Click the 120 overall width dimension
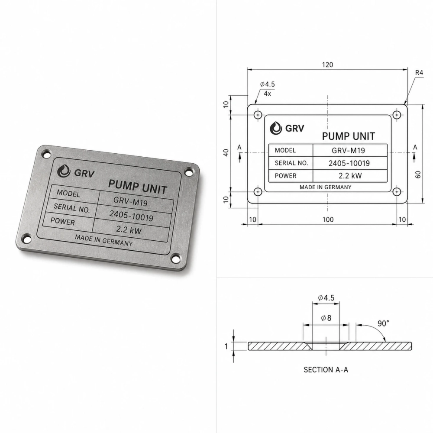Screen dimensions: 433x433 point(327,65)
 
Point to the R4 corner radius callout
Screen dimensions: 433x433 point(419,73)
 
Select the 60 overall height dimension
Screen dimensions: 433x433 point(418,174)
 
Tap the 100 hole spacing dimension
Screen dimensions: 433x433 point(328,220)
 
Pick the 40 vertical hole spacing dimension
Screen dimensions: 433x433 point(226,153)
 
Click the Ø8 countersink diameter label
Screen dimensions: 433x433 point(326,318)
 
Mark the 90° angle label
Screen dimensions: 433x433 point(383,323)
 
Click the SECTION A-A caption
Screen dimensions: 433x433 point(326,370)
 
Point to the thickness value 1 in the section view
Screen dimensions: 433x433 point(226,346)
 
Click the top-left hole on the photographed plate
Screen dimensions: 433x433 point(46,154)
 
